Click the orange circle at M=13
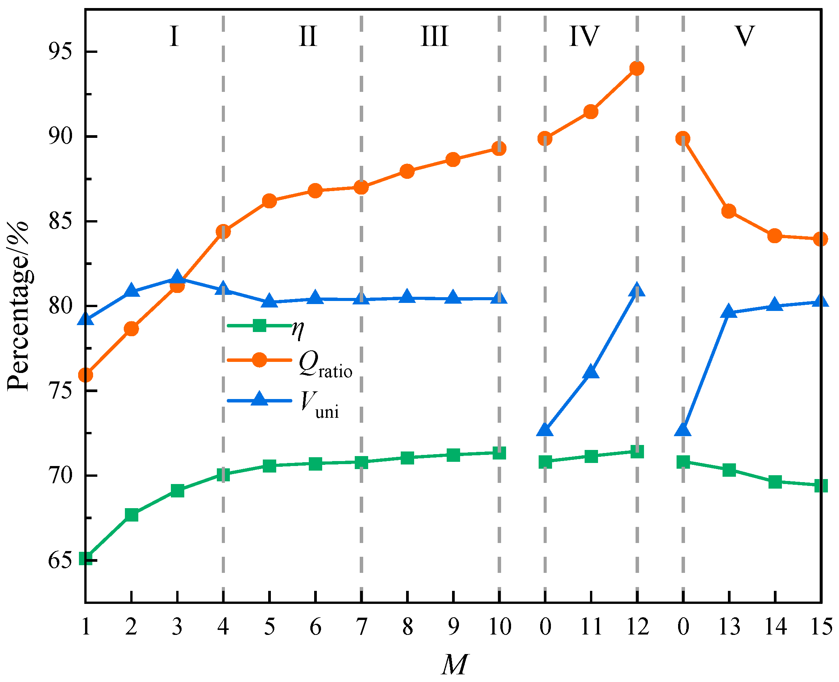point(729,211)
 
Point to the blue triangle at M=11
point(591,372)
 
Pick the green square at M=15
point(821,486)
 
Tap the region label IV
point(584,36)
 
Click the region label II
point(307,36)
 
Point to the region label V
point(744,36)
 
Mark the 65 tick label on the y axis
point(61,561)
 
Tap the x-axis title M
point(454,664)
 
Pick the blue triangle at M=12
point(637,290)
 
